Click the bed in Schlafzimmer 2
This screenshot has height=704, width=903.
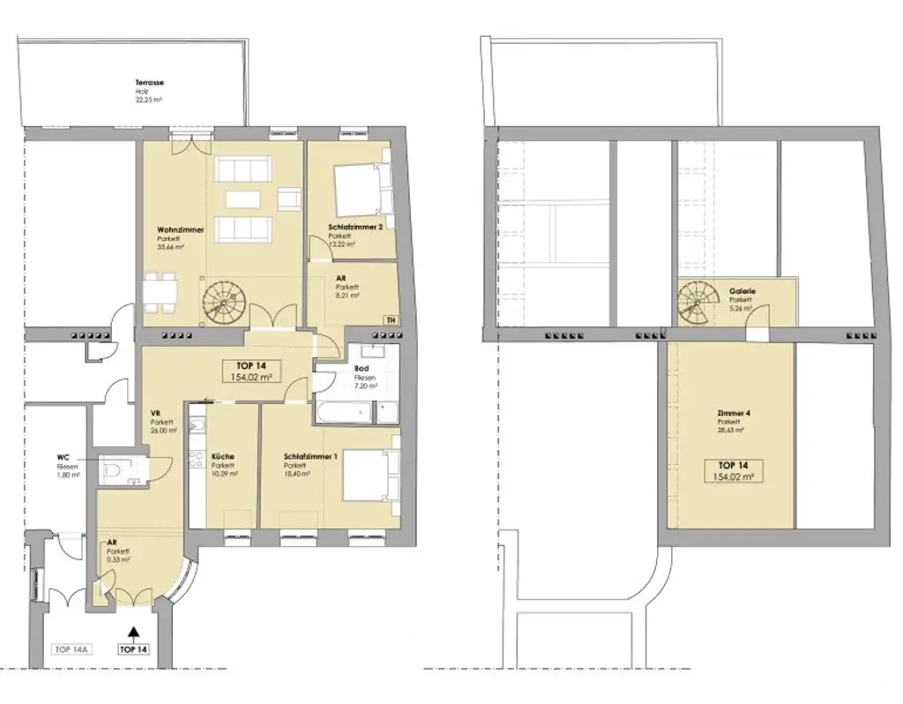[359, 187]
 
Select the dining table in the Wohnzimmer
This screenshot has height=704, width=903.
[160, 292]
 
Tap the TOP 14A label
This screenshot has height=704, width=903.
[71, 649]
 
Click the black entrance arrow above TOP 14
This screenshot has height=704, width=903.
[134, 632]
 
